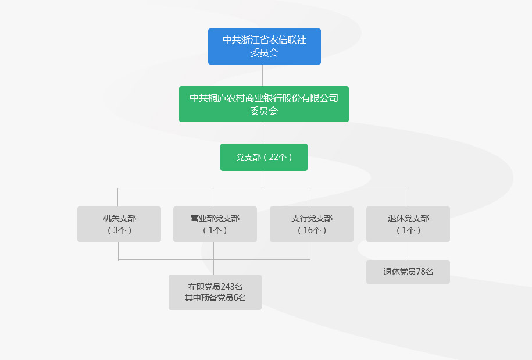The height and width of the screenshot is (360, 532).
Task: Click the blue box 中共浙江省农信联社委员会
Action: coord(265,46)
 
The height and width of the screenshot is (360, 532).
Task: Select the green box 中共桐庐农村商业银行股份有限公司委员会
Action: coord(264,104)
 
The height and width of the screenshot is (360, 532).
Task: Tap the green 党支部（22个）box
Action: coord(264,157)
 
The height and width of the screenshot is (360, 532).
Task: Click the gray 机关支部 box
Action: coord(119,224)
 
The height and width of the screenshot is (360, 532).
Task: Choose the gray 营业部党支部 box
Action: coord(215,224)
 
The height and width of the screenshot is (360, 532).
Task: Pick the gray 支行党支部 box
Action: coord(312,224)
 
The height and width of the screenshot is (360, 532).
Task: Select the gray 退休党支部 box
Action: coord(408,224)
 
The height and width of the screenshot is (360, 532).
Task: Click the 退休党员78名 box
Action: coord(408,272)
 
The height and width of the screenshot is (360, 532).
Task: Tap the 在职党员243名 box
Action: coord(215,292)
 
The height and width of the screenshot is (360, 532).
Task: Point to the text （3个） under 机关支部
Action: coord(120,230)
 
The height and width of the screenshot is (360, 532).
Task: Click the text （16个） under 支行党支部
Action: coord(312,230)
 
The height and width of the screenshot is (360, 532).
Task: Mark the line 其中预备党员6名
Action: coord(215,298)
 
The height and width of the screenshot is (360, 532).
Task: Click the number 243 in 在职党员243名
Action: coord(228,286)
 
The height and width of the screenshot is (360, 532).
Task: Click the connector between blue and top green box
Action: coord(263,75)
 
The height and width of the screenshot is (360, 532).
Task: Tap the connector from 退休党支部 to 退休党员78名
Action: coord(405,251)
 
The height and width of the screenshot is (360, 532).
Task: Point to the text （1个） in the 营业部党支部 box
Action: coord(215,230)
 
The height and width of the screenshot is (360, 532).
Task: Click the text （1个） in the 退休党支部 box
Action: coord(408,230)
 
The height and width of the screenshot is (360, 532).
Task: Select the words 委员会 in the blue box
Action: coord(265,53)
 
